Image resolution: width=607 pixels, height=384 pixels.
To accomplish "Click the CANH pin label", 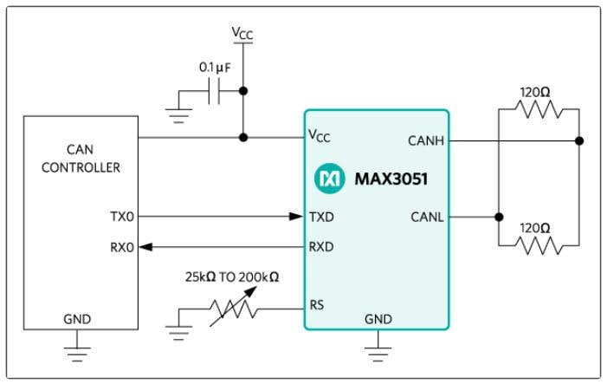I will [x=424, y=140].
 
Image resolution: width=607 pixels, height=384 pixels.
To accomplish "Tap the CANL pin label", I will [x=426, y=217].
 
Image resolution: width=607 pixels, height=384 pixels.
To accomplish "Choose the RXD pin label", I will [x=323, y=247].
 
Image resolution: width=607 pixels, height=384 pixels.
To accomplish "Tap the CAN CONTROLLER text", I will [x=81, y=159].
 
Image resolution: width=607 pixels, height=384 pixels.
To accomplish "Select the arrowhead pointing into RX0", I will [x=147, y=247].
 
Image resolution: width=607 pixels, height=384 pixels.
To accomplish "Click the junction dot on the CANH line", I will [x=578, y=140].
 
